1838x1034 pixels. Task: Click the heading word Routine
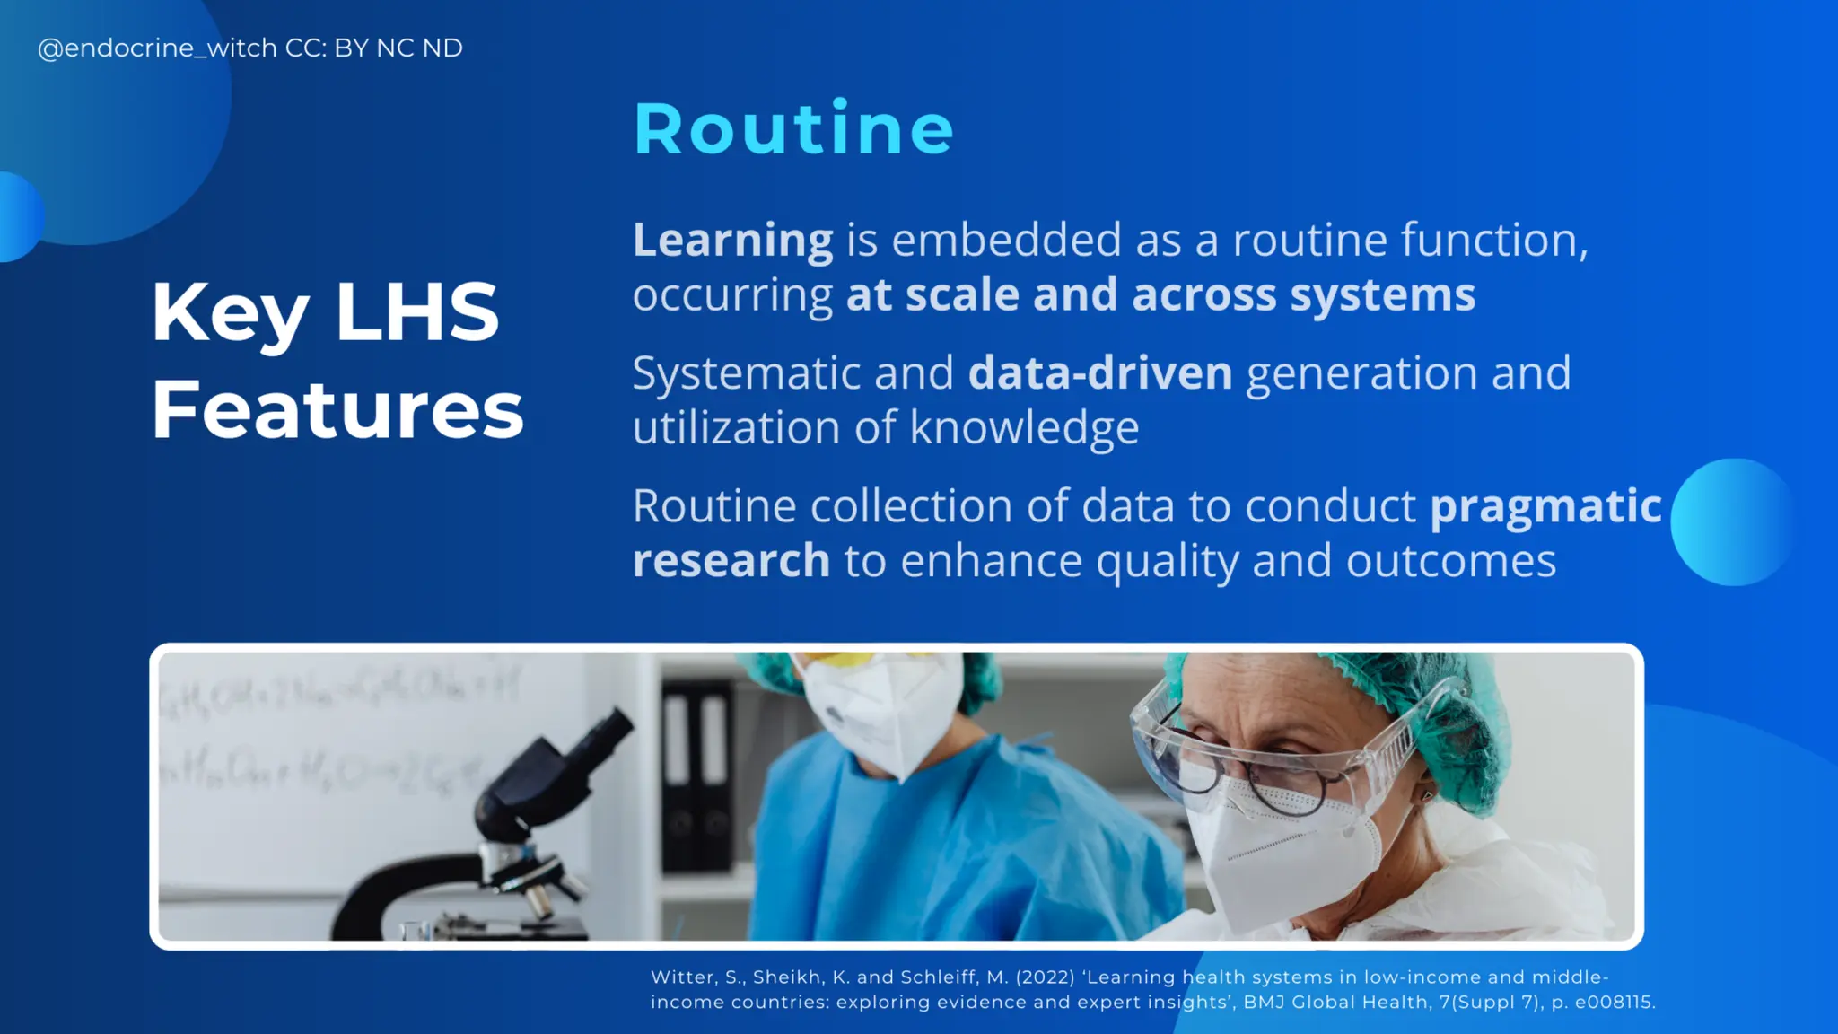793,129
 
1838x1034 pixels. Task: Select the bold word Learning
732,241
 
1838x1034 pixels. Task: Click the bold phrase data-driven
1100,373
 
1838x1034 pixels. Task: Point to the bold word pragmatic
1545,506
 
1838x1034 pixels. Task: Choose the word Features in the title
337,410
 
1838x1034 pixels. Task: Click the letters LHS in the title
416,311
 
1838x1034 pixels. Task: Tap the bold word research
731,561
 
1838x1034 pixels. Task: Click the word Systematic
747,373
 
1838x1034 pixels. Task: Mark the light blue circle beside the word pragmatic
1733,522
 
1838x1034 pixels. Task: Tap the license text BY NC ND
398,48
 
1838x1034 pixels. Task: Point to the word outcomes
1450,561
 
